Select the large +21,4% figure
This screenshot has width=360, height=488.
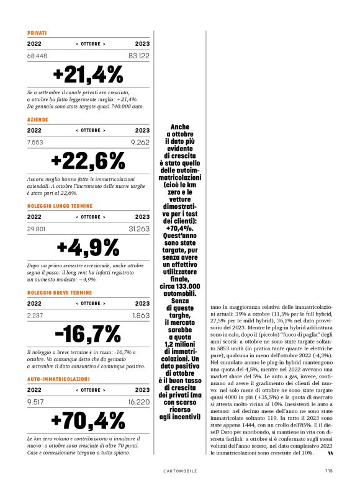click(88, 74)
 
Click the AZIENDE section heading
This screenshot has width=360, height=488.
click(38, 118)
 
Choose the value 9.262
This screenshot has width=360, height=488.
click(140, 142)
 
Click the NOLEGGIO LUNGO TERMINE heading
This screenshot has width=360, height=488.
click(60, 205)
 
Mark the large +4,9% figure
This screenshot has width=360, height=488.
click(88, 247)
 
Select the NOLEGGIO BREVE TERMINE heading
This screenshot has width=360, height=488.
click(60, 291)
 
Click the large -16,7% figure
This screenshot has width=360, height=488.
click(88, 334)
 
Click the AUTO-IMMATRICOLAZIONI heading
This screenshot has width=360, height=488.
click(58, 378)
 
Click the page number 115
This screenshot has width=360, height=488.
click(328, 471)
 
